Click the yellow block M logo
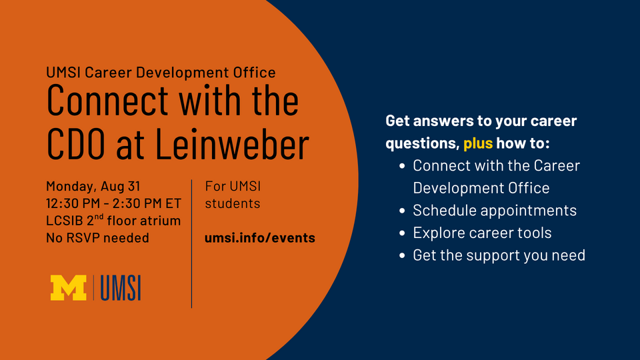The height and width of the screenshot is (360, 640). coord(68,288)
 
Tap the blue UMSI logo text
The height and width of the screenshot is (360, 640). coord(121,288)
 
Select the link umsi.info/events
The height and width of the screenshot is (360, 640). coord(259,237)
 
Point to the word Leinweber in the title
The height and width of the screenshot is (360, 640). coord(232,144)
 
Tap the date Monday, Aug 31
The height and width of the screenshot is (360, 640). coord(93,186)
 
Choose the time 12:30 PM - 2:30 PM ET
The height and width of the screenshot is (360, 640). coord(113,203)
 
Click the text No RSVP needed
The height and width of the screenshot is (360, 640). coord(97,237)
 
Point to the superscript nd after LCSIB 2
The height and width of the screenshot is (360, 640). coord(99,217)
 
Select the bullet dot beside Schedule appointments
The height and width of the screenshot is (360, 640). coord(403,211)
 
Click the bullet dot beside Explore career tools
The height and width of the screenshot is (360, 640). coord(403,233)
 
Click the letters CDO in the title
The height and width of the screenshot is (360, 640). coord(76,144)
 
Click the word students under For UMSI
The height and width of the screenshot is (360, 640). coord(232,203)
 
